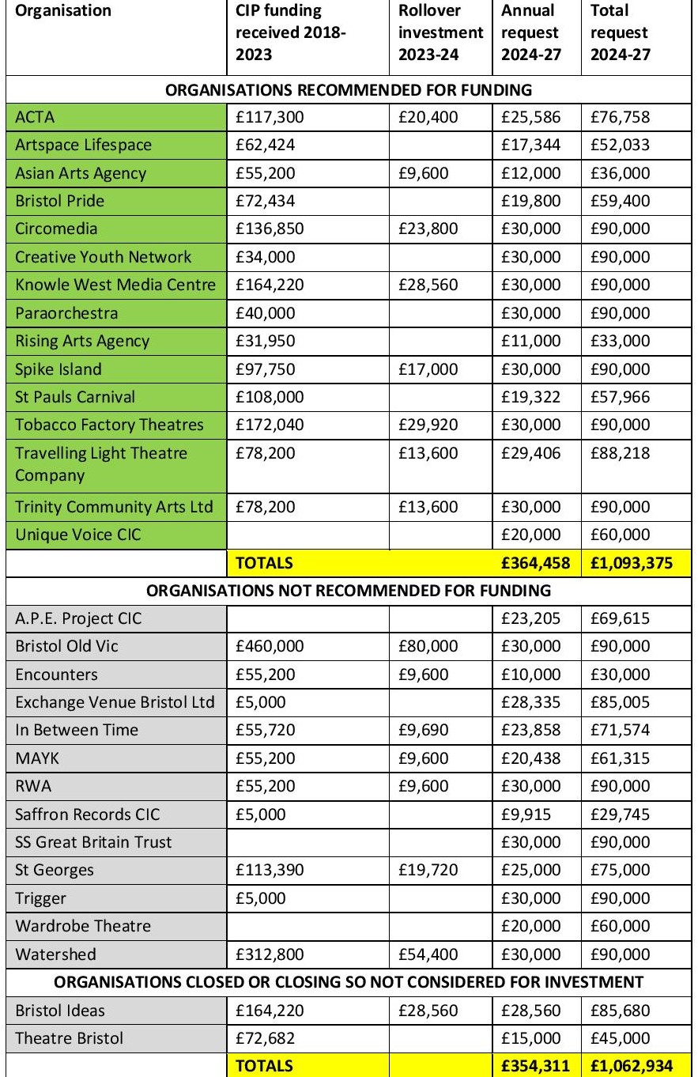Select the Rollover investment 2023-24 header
[x=441, y=33]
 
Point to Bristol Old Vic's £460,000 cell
[x=270, y=646]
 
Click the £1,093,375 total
[x=631, y=563]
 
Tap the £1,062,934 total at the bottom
[x=631, y=1065]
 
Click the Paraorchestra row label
[x=66, y=313]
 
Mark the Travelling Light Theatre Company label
[x=101, y=464]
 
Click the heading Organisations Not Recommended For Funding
[x=348, y=591]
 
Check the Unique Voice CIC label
[x=77, y=535]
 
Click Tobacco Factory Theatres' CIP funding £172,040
[x=270, y=425]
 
